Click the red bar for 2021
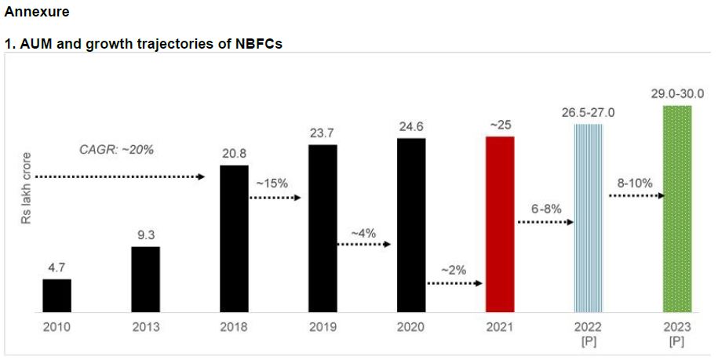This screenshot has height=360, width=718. pos(500,224)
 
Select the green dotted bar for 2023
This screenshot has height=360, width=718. pos(677,209)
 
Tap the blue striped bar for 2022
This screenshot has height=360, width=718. pos(589,217)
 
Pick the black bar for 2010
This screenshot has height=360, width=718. pos(56,295)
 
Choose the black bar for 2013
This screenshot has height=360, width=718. pos(145,279)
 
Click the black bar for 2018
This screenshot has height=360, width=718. pos(234,238)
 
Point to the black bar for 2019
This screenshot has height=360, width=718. pos(323,228)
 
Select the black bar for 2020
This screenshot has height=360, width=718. pos(411,225)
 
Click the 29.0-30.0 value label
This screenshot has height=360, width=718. pos(677,93)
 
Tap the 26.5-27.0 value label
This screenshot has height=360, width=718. pos(588,113)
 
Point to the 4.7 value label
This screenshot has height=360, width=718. pos(56,267)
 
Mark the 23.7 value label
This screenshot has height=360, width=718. pos(323,133)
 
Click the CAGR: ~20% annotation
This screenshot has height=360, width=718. pos(117,149)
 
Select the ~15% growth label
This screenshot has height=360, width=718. pos(272,183)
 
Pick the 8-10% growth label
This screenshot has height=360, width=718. pos(635,182)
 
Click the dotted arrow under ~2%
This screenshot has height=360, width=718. pos(454,283)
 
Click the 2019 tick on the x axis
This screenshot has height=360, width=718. pos(323,326)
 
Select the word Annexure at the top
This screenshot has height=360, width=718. pos(37,12)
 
